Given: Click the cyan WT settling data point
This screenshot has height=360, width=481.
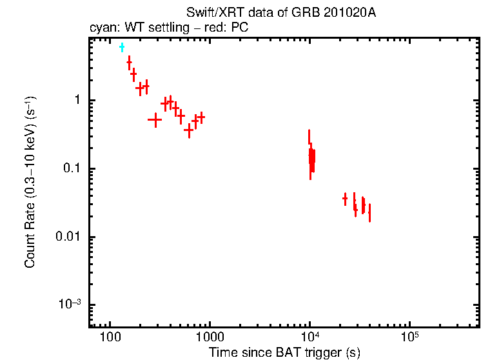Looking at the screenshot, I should click(121, 48).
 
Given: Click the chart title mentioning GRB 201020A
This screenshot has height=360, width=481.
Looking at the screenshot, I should click(280, 14).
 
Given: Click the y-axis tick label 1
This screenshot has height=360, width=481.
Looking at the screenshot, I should click(76, 101).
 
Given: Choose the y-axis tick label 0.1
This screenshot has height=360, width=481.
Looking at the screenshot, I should click(71, 169).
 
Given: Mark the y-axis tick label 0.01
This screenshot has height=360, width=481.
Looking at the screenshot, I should click(68, 237).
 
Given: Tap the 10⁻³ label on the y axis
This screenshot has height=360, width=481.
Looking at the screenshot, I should click(70, 305).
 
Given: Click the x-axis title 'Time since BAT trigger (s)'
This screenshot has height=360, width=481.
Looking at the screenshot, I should click(284, 352).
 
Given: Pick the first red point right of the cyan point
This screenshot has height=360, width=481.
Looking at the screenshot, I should click(129, 62).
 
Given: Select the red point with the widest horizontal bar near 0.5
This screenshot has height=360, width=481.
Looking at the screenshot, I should click(155, 119).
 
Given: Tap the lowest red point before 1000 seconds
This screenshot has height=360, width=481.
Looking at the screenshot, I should click(189, 130).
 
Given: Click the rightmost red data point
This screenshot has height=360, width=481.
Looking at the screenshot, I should click(369, 212).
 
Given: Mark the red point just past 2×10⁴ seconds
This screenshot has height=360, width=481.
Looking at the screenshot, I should click(345, 199).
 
